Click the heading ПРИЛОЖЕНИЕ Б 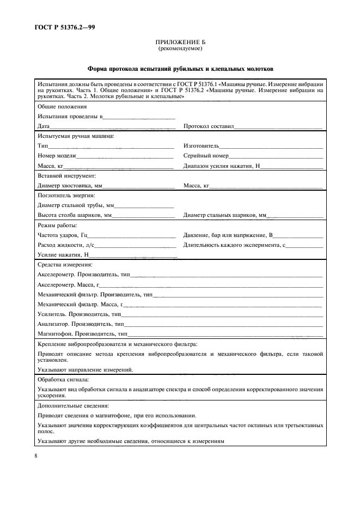click(x=180, y=42)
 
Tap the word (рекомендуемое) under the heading click(x=180, y=48)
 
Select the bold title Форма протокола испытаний click(x=180, y=70)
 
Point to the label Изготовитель click(x=201, y=146)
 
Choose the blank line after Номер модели click(x=125, y=156)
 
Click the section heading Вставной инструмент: click(x=66, y=176)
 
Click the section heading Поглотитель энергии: click(x=66, y=196)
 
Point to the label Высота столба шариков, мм click(x=74, y=216)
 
